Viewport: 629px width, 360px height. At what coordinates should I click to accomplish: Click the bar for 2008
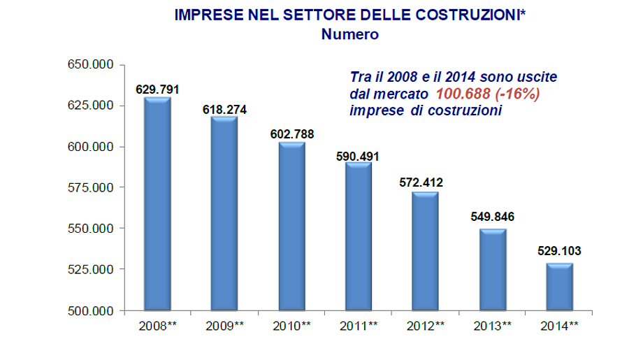157,203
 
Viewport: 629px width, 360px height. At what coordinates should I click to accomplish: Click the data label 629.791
157,89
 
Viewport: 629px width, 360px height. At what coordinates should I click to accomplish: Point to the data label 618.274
224,110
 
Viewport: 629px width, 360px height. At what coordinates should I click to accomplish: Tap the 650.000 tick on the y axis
90,65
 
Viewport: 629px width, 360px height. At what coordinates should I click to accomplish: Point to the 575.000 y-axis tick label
90,187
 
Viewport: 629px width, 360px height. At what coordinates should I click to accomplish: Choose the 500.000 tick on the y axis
90,310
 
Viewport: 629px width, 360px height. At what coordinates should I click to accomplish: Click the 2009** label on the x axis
224,325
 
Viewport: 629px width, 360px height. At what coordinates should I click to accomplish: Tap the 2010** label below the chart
292,325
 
